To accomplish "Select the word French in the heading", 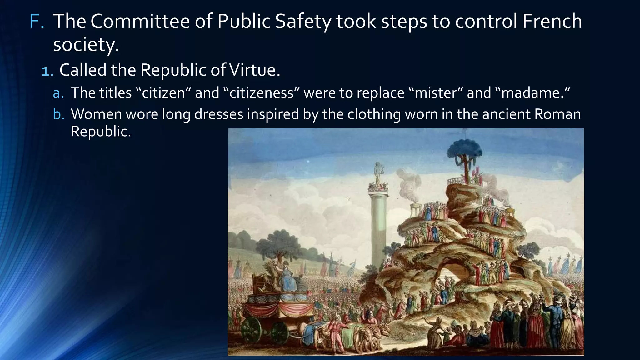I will pos(552,21).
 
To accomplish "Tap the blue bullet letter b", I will pos(58,114).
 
